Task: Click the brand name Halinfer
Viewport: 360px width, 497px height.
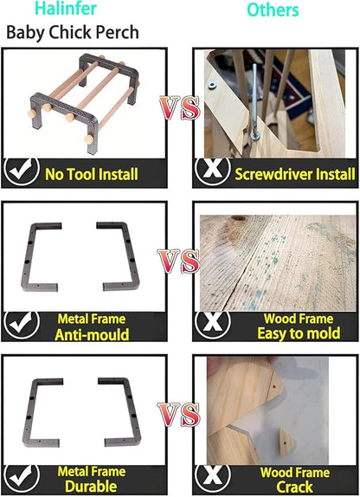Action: (66, 9)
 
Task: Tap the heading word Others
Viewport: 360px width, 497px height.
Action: (273, 10)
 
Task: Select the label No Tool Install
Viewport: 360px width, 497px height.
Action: (92, 174)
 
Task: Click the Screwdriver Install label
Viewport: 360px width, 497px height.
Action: (295, 174)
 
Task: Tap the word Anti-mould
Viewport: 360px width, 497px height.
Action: (92, 335)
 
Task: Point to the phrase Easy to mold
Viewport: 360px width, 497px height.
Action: (299, 333)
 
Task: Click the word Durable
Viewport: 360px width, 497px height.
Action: (91, 487)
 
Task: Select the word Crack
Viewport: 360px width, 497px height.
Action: (295, 487)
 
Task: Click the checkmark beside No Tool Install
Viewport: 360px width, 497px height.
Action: (22, 171)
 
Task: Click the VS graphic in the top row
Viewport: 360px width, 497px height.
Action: (180, 107)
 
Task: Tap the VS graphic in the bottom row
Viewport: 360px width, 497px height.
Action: (179, 415)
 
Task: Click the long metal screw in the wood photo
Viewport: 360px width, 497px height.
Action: (254, 100)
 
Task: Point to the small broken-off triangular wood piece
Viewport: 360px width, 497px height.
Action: (286, 442)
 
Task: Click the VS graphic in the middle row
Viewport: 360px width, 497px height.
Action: (179, 261)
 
